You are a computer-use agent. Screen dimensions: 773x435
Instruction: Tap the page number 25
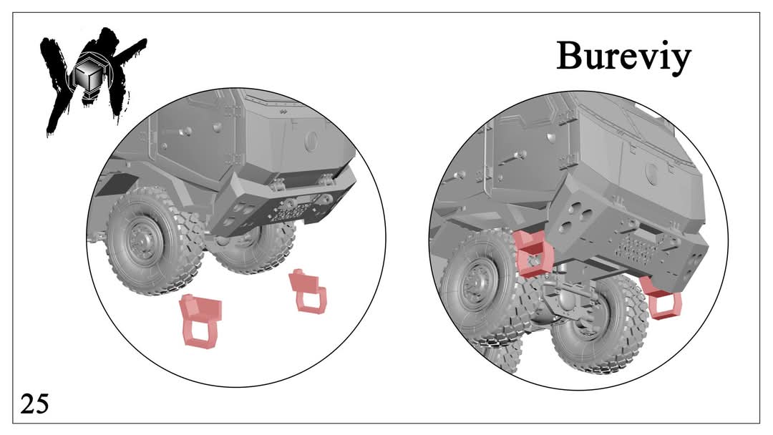tap(34, 404)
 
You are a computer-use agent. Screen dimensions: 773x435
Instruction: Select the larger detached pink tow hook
tap(201, 320)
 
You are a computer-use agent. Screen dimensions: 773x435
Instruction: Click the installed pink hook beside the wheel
tap(533, 254)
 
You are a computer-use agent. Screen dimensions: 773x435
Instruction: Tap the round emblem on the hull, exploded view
tap(311, 142)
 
